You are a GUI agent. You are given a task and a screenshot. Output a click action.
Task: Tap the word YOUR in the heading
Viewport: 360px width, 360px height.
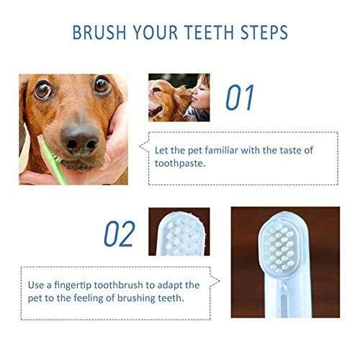click(x=161, y=33)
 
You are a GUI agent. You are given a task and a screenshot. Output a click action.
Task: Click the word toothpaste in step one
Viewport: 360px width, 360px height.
click(x=179, y=163)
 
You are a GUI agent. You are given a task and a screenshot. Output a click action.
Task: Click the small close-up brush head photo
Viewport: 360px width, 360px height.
click(x=179, y=231)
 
